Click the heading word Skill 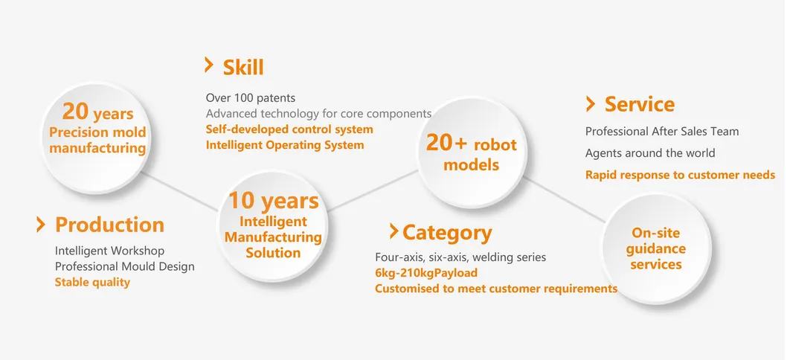coord(243,67)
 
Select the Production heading coord(110,225)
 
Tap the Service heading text coord(640,104)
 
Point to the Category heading coord(447,233)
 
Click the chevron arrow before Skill coord(209,65)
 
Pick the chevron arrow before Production coord(41,224)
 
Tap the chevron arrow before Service coord(591,104)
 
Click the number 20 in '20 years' coord(75,111)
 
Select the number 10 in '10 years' coord(242,200)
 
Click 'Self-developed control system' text coord(289,129)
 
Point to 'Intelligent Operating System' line coord(285,145)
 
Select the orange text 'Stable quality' coord(92,282)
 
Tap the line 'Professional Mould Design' coord(124,266)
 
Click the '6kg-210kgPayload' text coord(426,273)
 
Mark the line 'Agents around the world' coord(650,153)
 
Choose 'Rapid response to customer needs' coord(680,176)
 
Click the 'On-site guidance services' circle coord(657,248)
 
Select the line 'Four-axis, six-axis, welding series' coord(460,257)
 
